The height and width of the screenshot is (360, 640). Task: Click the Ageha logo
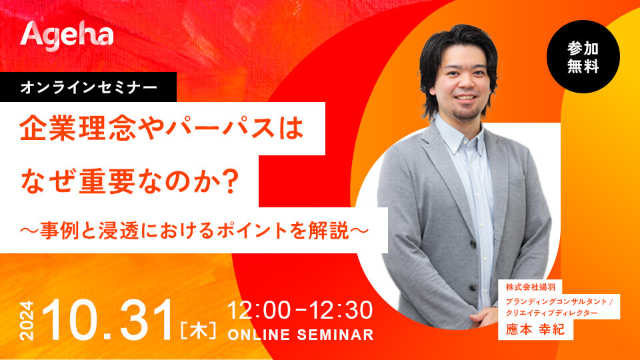coord(67,36)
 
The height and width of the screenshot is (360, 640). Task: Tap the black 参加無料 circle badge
coord(583,57)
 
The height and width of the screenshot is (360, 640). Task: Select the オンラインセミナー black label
coord(88,87)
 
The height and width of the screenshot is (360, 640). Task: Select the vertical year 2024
coord(27,321)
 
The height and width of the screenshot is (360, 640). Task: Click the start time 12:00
coord(259,310)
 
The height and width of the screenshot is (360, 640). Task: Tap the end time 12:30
coord(341,310)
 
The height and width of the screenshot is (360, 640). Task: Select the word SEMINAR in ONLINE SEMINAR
coord(335,335)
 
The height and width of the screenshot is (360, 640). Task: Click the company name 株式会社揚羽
coord(531,287)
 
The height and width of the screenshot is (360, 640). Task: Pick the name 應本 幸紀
coord(535,329)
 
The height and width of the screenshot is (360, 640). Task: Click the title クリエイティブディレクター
coord(552,313)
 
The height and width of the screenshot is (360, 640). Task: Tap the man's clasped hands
coord(488,316)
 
